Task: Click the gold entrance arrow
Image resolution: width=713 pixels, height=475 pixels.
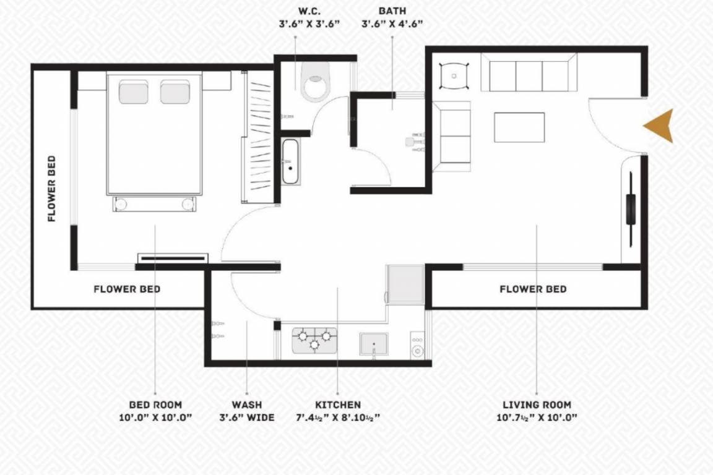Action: [660, 126]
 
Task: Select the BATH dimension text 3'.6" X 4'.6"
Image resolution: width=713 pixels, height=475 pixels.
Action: [392, 25]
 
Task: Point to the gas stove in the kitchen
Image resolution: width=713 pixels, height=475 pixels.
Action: [314, 340]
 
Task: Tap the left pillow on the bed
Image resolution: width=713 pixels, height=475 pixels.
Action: [134, 92]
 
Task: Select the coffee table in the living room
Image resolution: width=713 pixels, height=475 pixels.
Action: [519, 127]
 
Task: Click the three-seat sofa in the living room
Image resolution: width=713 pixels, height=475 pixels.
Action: [529, 74]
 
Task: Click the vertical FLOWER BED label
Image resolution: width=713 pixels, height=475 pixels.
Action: [52, 188]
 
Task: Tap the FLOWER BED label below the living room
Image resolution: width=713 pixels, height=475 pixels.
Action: [533, 289]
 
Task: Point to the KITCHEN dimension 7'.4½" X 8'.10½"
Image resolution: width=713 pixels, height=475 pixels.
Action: [337, 417]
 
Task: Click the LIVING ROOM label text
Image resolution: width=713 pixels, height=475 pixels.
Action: [537, 404]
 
